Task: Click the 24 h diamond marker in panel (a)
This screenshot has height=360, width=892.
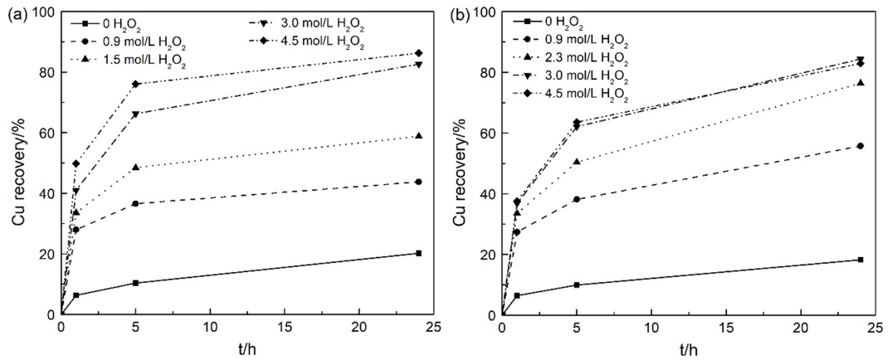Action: pyautogui.click(x=419, y=53)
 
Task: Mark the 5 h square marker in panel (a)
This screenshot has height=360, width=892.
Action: pyautogui.click(x=135, y=283)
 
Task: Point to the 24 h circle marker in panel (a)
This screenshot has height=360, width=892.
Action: pyautogui.click(x=419, y=182)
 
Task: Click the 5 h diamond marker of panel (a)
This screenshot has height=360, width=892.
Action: pyautogui.click(x=135, y=84)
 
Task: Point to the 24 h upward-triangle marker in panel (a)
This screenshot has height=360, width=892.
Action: pyautogui.click(x=419, y=136)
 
